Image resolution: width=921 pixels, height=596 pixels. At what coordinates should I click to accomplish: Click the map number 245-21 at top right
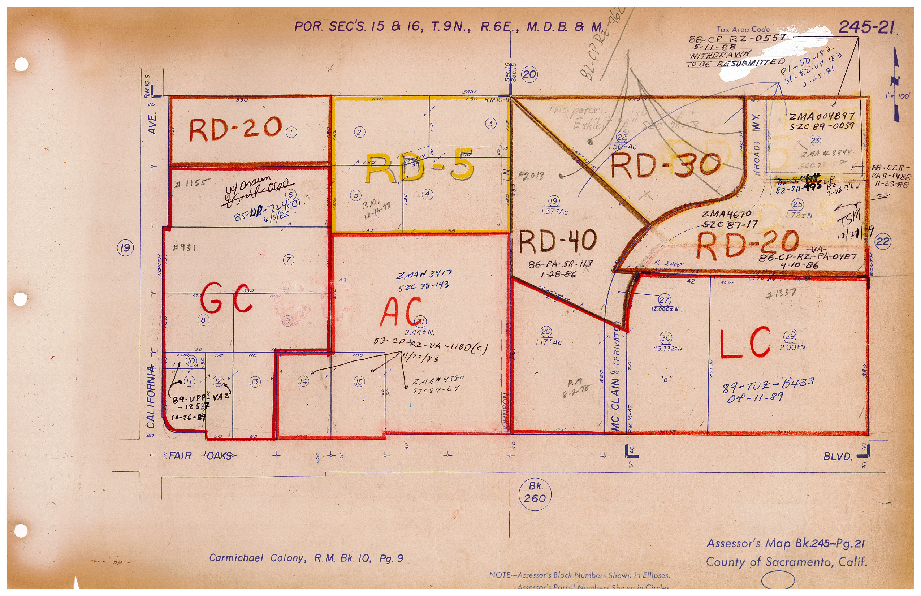[866, 27]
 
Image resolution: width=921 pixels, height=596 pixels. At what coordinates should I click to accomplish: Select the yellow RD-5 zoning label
[419, 168]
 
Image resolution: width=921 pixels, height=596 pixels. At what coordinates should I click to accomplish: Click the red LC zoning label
[745, 342]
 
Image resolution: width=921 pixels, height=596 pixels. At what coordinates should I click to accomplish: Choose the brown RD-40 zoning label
[557, 241]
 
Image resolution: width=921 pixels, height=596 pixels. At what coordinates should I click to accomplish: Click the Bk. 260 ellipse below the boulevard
[535, 493]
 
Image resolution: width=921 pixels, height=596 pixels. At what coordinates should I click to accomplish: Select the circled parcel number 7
[288, 260]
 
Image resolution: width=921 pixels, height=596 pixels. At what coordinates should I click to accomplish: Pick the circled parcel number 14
[303, 381]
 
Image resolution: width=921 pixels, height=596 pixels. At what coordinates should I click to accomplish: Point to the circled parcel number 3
[490, 124]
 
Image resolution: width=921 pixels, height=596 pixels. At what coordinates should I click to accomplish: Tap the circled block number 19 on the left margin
[125, 248]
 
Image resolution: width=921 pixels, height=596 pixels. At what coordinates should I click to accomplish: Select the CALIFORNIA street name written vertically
[151, 397]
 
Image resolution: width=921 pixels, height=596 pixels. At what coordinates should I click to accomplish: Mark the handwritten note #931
[184, 247]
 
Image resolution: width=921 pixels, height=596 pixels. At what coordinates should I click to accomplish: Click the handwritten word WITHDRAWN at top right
[720, 54]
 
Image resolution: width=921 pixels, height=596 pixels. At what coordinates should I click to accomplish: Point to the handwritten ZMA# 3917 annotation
[424, 275]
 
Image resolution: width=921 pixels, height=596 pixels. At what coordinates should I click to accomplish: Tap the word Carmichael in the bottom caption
[236, 558]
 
